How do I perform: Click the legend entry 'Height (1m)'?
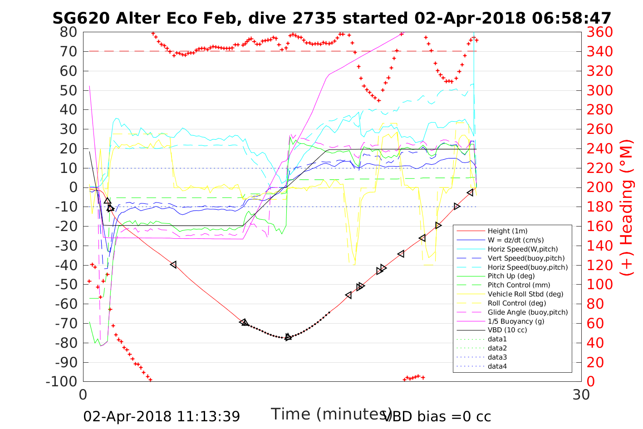[507, 231]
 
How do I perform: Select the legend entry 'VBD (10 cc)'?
[507, 330]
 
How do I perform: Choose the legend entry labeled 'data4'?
[497, 366]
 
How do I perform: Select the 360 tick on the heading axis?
[600, 32]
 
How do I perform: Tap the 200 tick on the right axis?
[600, 187]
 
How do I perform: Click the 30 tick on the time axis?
[581, 394]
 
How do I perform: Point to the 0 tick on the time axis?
[83, 394]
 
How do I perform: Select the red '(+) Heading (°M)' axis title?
[627, 207]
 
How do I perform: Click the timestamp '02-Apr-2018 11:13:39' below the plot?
[162, 416]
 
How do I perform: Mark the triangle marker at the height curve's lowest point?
[288, 337]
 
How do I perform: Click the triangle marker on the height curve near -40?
[173, 264]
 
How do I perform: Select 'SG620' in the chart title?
[82, 18]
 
